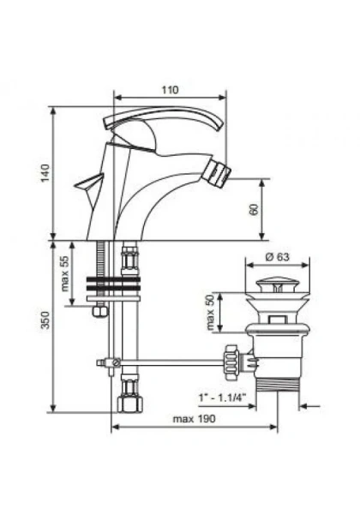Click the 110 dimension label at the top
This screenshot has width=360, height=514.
point(170,88)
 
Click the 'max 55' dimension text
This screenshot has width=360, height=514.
point(65,272)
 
